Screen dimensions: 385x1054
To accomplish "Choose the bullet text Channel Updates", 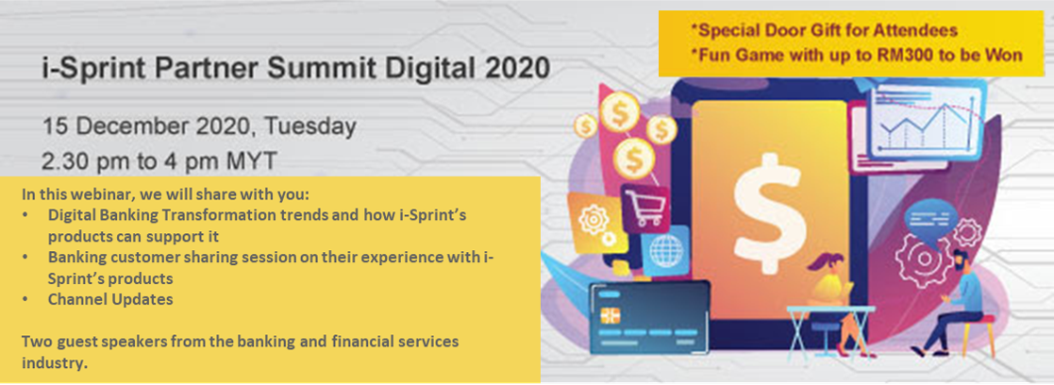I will click(x=111, y=299).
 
